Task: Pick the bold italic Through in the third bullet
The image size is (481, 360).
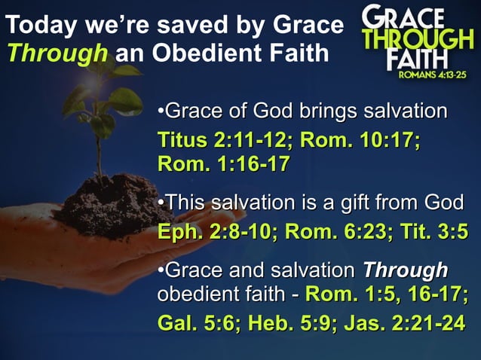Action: pyautogui.click(x=406, y=270)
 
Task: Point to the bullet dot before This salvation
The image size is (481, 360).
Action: pyautogui.click(x=161, y=203)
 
